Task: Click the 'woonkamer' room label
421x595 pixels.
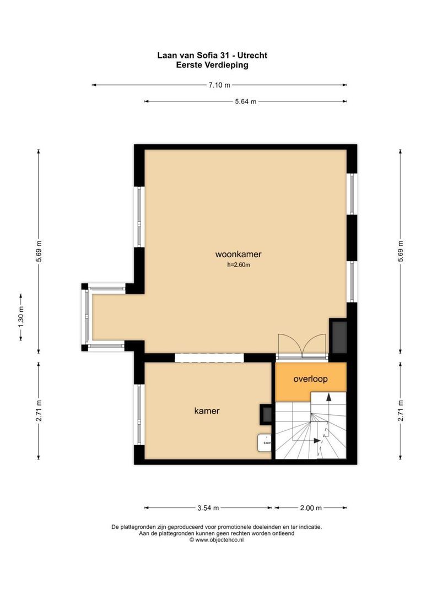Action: click(238, 255)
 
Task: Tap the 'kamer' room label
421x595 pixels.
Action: click(207, 411)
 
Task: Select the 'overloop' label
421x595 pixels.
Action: click(310, 379)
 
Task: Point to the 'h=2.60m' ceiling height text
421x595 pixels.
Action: click(238, 265)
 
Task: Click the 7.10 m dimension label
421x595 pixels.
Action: click(219, 85)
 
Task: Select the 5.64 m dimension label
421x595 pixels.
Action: click(245, 101)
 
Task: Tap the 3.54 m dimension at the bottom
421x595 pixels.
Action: click(208, 508)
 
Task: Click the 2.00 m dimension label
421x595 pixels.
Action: click(311, 508)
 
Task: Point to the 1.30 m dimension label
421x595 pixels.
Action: click(21, 317)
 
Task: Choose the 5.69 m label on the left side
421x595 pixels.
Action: click(39, 252)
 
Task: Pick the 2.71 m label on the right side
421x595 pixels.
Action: click(401, 411)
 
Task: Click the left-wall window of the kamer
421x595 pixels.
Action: click(139, 414)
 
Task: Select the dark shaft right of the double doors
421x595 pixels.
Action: click(338, 337)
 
